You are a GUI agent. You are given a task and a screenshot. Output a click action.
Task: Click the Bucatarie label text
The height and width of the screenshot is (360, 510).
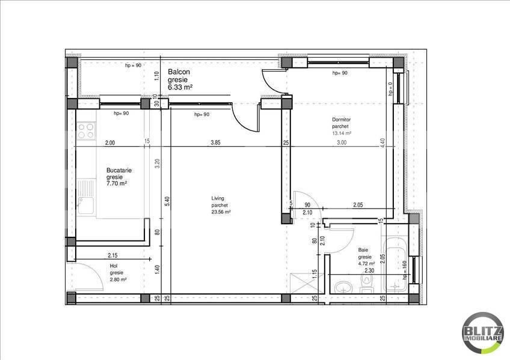click(x=119, y=171)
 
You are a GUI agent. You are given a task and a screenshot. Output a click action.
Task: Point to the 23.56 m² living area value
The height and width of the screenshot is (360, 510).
click(x=221, y=212)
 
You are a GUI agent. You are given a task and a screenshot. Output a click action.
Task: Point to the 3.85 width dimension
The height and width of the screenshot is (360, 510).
click(x=216, y=143)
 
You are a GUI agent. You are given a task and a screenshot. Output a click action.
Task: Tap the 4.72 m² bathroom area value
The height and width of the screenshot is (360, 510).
click(x=366, y=263)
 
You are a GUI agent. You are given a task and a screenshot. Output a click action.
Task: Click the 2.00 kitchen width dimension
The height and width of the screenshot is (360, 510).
click(x=109, y=143)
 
